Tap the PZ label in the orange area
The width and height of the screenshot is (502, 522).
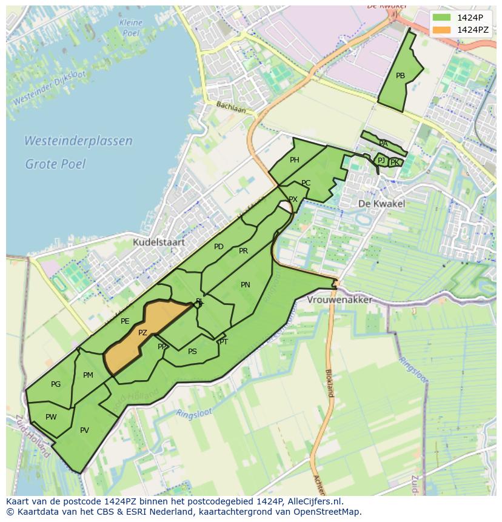(x=142, y=333)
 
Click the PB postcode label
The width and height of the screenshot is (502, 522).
(x=400, y=76)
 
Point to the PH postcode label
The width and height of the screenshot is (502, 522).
(x=295, y=160)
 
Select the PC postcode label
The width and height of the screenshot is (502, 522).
(x=306, y=183)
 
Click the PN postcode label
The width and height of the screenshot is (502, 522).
(x=246, y=285)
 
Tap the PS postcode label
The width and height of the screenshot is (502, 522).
(x=192, y=352)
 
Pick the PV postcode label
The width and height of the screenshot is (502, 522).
(x=84, y=430)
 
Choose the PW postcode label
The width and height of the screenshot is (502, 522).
(x=51, y=417)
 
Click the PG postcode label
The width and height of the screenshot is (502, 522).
(x=56, y=384)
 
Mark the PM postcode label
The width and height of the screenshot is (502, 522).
(x=88, y=375)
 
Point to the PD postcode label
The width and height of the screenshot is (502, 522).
(x=219, y=247)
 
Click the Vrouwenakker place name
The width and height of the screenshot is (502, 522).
(x=340, y=300)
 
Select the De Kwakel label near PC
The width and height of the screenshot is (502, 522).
(x=381, y=204)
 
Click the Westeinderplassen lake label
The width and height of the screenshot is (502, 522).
(x=78, y=141)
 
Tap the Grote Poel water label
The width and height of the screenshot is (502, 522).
(x=55, y=164)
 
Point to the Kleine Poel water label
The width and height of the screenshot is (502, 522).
(x=131, y=27)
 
